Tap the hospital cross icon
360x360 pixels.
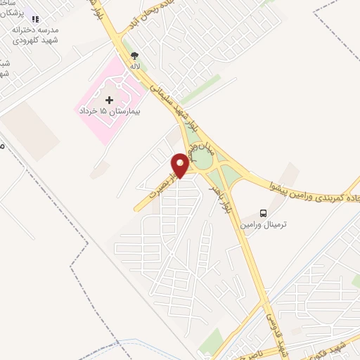point(109,100)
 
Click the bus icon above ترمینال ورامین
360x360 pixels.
point(263,213)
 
